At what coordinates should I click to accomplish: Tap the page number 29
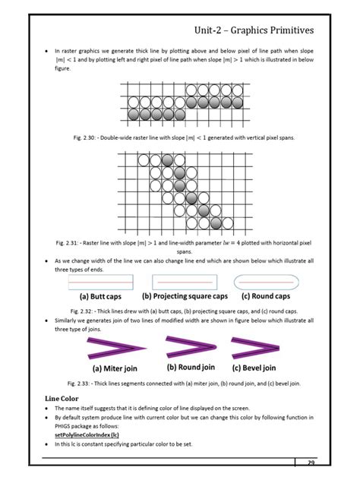[311, 463]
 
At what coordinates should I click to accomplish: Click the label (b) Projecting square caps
[185, 296]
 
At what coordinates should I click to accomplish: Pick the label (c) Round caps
[266, 296]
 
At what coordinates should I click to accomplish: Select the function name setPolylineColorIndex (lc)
[87, 434]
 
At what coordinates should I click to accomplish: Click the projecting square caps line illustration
[185, 281]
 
